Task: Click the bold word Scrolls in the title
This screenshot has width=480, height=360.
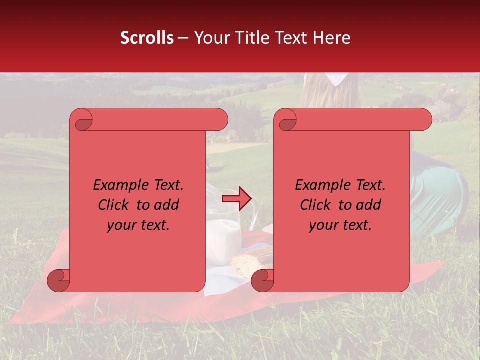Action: (x=147, y=38)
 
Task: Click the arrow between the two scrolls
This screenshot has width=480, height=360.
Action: (x=236, y=199)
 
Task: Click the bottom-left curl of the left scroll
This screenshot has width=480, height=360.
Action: (x=59, y=281)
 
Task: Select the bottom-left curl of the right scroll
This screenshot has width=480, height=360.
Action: (x=263, y=281)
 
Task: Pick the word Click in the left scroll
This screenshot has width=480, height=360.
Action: (x=113, y=205)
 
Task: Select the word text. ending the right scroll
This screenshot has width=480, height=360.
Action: (x=356, y=225)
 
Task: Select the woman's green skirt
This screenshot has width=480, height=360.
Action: (x=440, y=195)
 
